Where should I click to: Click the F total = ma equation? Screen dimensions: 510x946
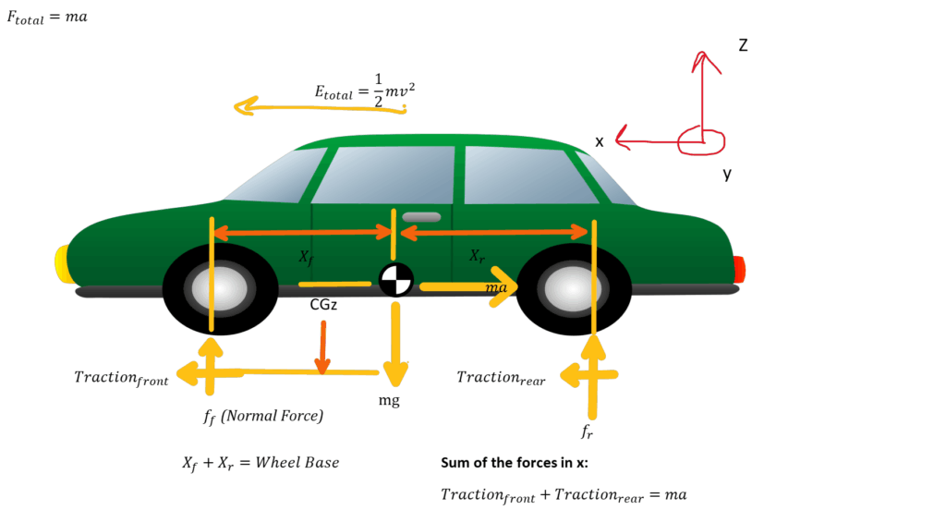point(47,18)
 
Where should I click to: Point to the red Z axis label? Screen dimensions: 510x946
point(742,44)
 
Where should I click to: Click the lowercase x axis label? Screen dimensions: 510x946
point(600,141)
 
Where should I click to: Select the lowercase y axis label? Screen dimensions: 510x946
point(727,173)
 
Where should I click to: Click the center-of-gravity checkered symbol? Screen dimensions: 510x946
point(395,280)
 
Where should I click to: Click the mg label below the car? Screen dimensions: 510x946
point(389,401)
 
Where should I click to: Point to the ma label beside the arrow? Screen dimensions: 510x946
point(496,289)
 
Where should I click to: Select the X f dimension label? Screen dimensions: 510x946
point(307,259)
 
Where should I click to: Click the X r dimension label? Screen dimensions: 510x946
point(477,256)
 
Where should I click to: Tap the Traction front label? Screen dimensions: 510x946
point(121,377)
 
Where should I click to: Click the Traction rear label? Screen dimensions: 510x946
point(501,377)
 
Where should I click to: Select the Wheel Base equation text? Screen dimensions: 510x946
point(261,462)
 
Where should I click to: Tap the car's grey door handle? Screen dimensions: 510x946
point(421,217)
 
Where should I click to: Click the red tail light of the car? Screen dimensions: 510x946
point(739,269)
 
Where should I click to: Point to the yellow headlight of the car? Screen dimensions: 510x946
point(62,262)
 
